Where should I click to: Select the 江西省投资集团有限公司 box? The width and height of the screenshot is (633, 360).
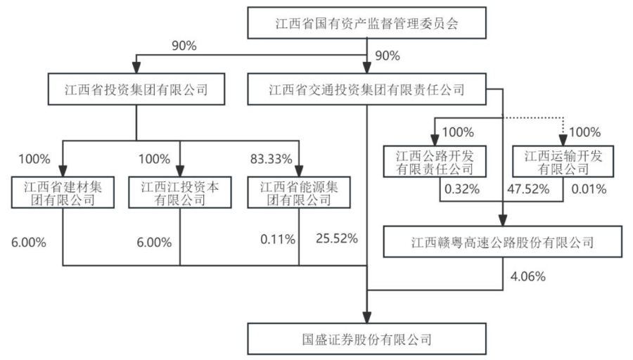[136, 89]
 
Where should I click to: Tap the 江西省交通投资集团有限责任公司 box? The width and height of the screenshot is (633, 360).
[366, 89]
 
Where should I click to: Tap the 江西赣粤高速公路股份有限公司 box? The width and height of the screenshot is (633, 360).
[503, 243]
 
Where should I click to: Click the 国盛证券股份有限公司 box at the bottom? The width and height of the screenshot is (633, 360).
[366, 339]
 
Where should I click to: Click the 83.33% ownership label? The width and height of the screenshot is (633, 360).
[271, 159]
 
